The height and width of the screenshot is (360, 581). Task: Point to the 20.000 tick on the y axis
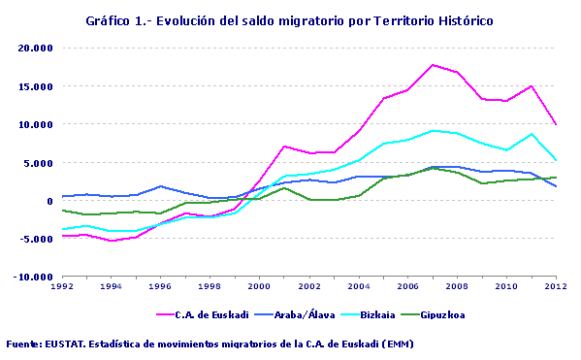pos(35,48)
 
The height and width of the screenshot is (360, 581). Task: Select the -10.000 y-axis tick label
pos(33,278)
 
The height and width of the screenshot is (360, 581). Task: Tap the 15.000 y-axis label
pos(35,86)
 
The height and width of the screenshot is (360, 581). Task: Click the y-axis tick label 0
pos(48,201)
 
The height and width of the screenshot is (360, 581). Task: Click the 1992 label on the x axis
pos(61,287)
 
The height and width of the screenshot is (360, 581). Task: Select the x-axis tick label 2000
pos(259,287)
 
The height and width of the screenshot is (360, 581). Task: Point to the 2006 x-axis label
pos(407,287)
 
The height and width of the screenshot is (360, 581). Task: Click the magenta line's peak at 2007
pos(432,65)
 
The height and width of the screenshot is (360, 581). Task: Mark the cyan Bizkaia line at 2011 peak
pos(531,134)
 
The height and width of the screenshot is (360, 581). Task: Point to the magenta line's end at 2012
pos(555,124)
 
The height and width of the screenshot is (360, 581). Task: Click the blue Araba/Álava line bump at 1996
pos(160,186)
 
